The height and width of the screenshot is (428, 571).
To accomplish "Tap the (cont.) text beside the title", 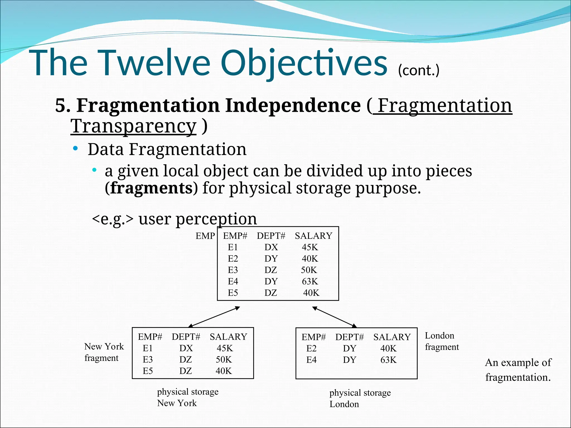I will pos(418,70).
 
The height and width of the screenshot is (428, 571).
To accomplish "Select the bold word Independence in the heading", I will pos(293,105).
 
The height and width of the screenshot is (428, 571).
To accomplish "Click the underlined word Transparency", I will pos(133,126).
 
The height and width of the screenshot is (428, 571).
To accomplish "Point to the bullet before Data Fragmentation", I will pos(75,149).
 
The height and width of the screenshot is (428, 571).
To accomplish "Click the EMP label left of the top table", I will pos(205,236).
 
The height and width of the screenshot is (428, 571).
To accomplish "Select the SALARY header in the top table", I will pos(313,236).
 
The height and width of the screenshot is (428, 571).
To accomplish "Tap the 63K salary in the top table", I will pos(310,281).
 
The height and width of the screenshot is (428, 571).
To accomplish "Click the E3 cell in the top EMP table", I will pos(233,270).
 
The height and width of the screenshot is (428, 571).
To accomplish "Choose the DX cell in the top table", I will pos(271,247).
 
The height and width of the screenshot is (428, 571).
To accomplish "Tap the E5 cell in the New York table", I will pos(148,371).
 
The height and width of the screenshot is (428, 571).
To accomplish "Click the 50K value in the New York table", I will pos(224,359).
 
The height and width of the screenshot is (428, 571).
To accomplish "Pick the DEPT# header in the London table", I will pos(349,337).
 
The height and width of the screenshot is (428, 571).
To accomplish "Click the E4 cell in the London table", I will pos(311,360).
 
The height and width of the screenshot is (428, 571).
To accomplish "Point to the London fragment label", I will pos(442,341).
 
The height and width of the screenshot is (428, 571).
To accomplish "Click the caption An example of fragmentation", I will pos(518,370).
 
